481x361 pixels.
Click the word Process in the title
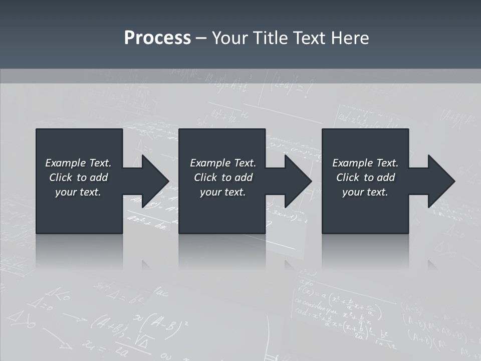(157, 38)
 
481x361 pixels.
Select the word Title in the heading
(269, 38)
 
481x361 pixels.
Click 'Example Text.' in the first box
(78, 163)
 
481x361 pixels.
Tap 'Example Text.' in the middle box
(223, 163)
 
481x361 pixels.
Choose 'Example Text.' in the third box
(365, 163)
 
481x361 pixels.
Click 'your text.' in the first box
(78, 192)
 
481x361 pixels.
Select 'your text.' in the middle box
(223, 192)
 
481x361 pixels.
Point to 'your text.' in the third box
(365, 192)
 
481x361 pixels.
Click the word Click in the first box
(61, 177)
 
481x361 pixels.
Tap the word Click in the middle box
(205, 177)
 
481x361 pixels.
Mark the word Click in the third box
(348, 177)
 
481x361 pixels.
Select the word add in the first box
(99, 177)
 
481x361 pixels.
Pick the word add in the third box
(386, 177)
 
